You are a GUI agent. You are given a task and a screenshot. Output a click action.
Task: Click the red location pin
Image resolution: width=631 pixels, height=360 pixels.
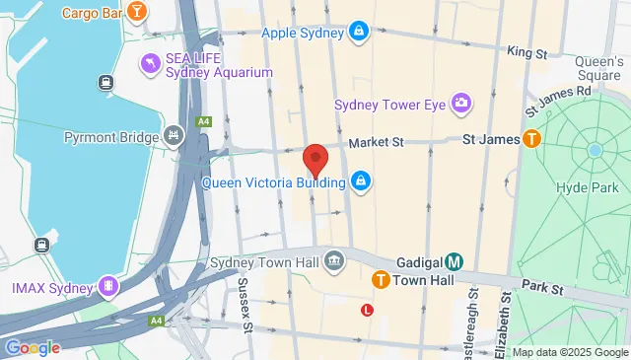click(315, 159)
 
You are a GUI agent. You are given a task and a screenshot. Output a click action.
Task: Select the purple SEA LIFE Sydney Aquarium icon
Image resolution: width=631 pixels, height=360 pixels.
click(151, 63)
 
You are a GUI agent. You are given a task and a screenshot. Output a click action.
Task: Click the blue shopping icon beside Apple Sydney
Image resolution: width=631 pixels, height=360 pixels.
click(361, 33)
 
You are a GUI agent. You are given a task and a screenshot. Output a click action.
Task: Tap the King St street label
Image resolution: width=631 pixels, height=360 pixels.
click(526, 49)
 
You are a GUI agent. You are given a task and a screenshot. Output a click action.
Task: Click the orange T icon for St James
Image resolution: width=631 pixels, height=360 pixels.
click(532, 140)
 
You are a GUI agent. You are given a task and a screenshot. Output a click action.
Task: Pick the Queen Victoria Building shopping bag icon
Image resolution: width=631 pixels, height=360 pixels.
click(362, 181)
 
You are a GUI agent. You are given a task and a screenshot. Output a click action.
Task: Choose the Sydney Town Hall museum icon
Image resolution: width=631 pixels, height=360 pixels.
click(335, 262)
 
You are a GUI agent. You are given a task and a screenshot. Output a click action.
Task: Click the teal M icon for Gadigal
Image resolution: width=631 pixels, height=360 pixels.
click(454, 261)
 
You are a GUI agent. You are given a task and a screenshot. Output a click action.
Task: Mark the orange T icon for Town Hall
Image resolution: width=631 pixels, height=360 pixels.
click(380, 281)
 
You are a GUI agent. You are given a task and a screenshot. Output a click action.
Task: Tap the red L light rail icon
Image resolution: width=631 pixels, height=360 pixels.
click(368, 310)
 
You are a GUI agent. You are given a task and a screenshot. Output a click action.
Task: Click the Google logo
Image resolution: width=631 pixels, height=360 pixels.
click(33, 347)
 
